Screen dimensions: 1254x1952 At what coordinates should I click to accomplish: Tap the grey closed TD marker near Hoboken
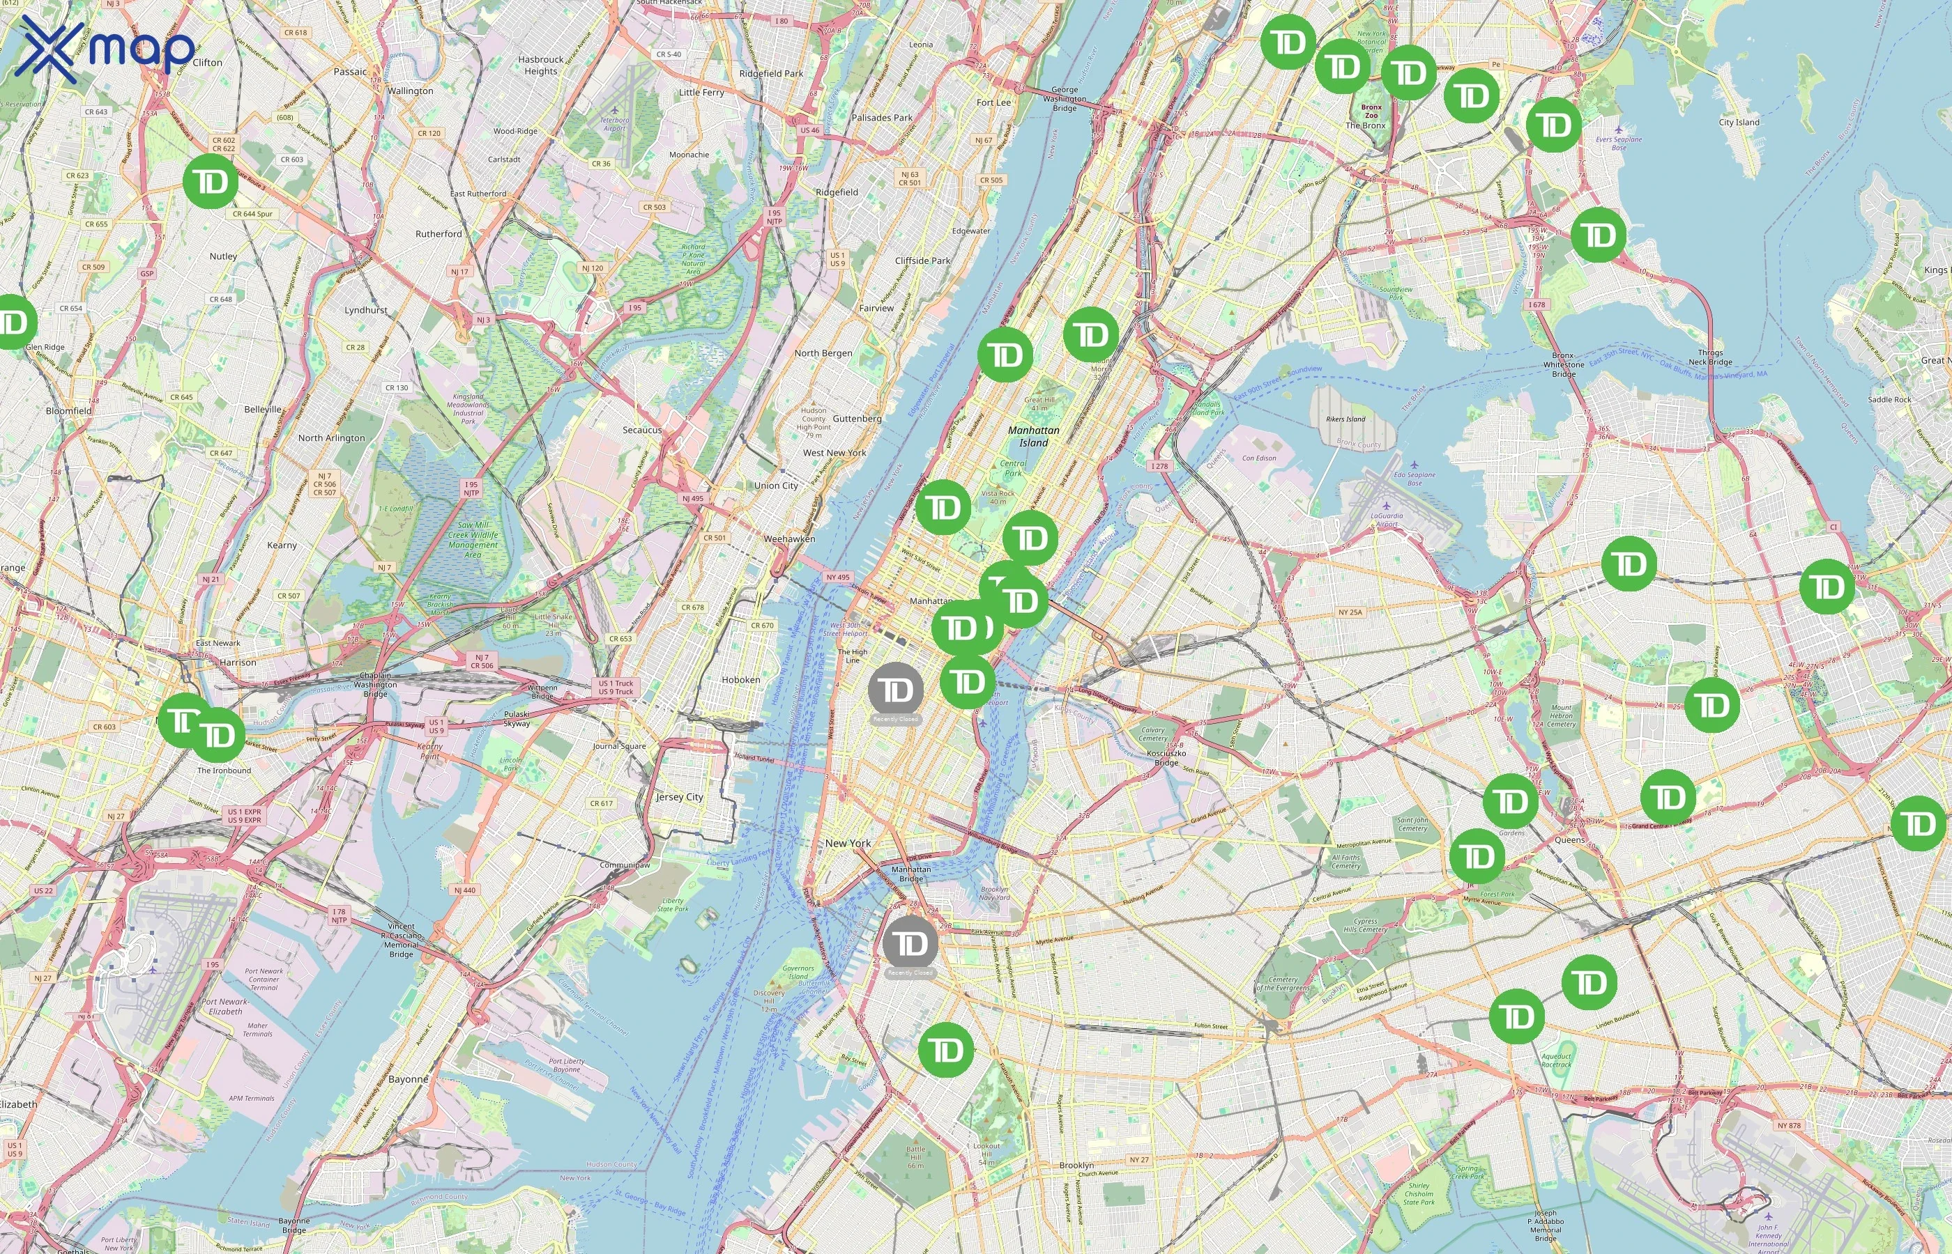(x=895, y=690)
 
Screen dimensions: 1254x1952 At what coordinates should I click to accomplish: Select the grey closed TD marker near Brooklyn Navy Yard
(x=910, y=943)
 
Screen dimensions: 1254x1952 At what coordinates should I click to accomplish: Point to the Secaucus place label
(x=642, y=430)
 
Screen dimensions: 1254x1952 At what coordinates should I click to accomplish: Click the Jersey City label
(x=680, y=797)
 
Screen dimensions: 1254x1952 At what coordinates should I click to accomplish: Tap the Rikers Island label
(x=1345, y=419)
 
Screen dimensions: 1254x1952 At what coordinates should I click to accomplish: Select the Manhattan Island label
(x=1033, y=436)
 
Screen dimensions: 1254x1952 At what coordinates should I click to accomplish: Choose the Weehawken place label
(x=788, y=539)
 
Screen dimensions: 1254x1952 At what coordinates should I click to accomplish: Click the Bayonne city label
(x=408, y=1079)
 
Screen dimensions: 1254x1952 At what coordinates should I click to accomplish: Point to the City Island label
(x=1739, y=122)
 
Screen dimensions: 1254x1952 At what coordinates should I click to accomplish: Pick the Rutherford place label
(x=439, y=233)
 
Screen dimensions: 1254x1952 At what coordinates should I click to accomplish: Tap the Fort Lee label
(x=993, y=102)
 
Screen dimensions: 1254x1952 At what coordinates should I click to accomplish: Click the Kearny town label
(x=282, y=545)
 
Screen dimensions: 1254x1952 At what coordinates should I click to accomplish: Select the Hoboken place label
(x=740, y=680)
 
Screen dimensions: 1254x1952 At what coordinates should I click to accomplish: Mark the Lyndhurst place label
(x=366, y=310)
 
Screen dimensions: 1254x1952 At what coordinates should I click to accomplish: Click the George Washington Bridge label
(x=1064, y=98)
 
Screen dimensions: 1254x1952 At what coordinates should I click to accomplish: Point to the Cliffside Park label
(x=922, y=261)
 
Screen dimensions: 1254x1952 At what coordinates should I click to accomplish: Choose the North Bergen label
(x=823, y=353)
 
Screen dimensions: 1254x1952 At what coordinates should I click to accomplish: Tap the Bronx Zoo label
(x=1371, y=111)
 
